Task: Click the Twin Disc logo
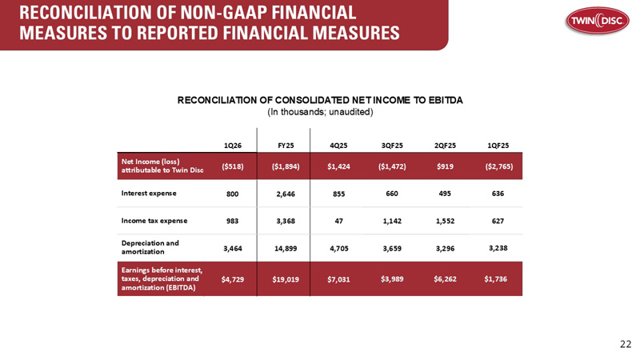597,21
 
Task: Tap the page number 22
626,344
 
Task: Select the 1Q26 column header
233,146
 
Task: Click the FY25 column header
286,146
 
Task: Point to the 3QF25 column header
392,146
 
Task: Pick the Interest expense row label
149,193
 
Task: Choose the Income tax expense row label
154,221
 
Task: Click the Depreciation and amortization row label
150,247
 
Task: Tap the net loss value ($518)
233,166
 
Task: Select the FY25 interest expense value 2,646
286,194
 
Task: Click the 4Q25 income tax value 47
338,221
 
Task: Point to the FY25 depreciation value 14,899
286,248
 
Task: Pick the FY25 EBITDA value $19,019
286,279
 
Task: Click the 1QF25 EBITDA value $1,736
495,279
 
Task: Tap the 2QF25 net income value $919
445,166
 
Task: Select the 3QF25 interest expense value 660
392,194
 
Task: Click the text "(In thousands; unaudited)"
321,112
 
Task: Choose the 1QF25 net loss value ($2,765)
499,166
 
